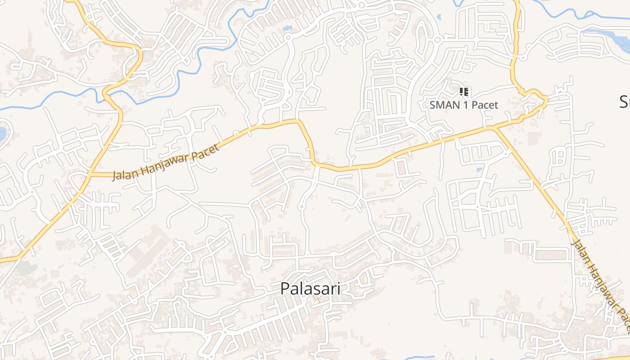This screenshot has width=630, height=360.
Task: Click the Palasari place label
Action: (310, 288)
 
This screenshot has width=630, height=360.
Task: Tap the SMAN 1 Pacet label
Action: (464, 105)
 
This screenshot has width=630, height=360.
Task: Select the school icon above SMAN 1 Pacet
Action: (464, 92)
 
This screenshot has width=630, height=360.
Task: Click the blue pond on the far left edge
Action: (2, 133)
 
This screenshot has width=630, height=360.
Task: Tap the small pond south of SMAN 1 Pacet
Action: (479, 170)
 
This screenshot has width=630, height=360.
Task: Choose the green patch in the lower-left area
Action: (27, 267)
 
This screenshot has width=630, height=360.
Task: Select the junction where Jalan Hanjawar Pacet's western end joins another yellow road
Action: (89, 174)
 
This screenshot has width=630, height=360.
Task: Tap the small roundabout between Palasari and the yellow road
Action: (302, 207)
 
